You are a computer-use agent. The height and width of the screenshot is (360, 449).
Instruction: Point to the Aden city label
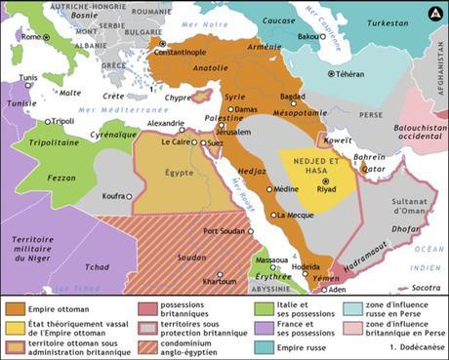coord(337,290)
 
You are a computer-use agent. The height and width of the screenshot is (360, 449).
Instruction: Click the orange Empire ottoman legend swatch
coord(15,310)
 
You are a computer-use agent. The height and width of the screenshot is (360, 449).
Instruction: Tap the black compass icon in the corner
coord(433,14)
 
